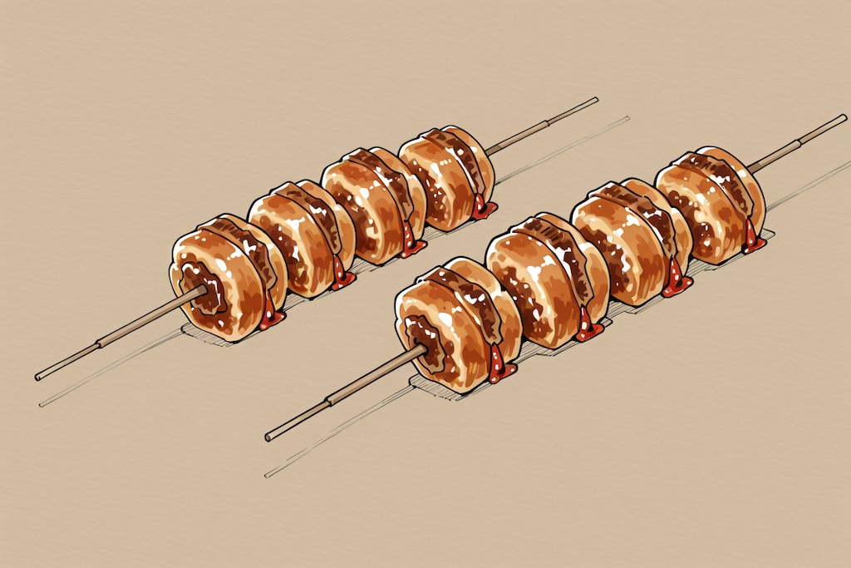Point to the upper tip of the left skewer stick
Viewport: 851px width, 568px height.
pos(595,100)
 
